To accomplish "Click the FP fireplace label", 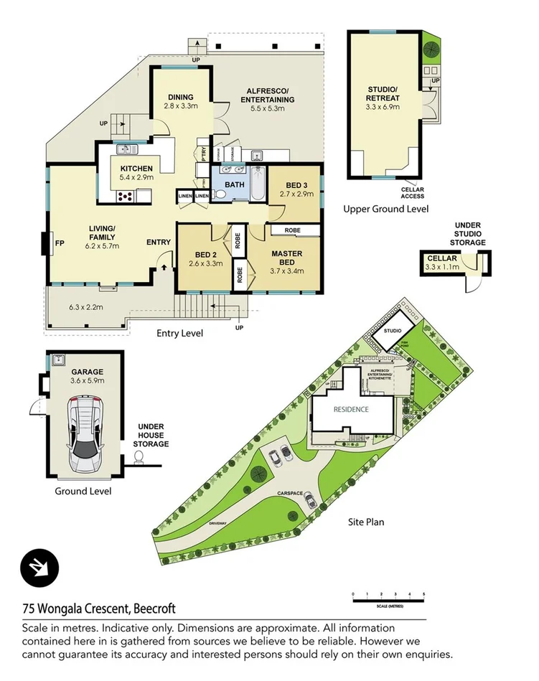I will [60, 243].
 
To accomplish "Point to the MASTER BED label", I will [286, 258].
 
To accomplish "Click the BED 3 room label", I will [296, 184].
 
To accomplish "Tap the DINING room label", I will [180, 98].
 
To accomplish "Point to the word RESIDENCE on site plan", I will [351, 410].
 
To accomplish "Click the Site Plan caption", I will [367, 522].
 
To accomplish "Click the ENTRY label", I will [159, 243].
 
